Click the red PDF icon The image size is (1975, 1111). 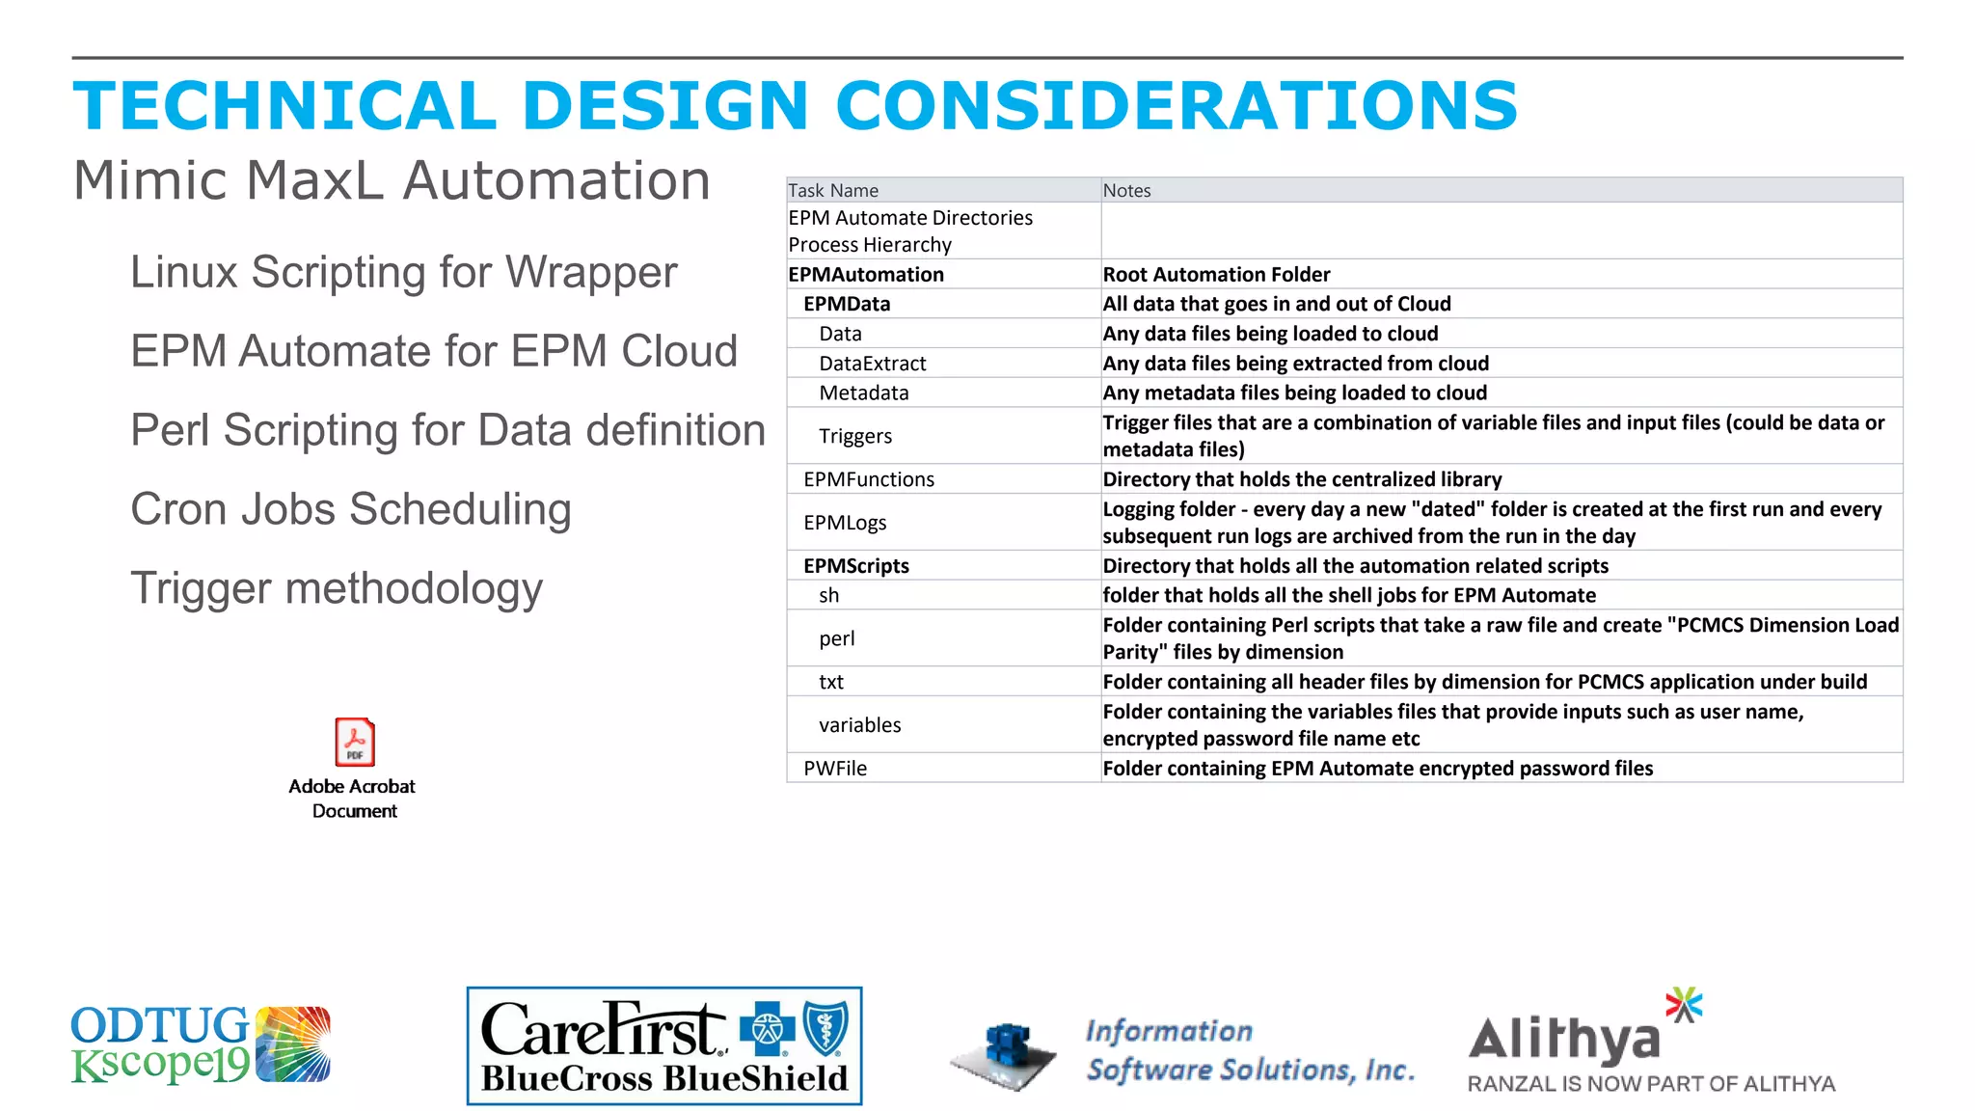[x=354, y=742]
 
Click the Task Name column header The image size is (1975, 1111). [x=833, y=190]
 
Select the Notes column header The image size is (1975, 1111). [x=1126, y=190]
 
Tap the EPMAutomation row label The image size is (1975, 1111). [x=865, y=275]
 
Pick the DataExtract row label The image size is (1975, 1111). [x=872, y=364]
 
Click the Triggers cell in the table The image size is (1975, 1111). [x=855, y=436]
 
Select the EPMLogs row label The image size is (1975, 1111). [x=845, y=523]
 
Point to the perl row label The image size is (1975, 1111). [x=836, y=638]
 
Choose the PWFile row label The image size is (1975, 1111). [x=835, y=769]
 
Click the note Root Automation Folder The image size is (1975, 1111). [x=1216, y=275]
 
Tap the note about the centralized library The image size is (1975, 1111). [x=1302, y=479]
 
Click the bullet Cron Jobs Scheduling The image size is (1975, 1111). [x=351, y=509]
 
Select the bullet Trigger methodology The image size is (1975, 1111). [x=337, y=588]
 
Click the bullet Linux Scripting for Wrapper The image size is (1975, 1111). [x=403, y=272]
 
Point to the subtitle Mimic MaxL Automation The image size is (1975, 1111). [x=392, y=180]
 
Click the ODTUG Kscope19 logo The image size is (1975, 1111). [x=201, y=1044]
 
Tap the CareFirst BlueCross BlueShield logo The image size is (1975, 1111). [x=664, y=1046]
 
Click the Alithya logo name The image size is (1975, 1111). [x=1564, y=1040]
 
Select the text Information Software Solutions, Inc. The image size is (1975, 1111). [x=1250, y=1050]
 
